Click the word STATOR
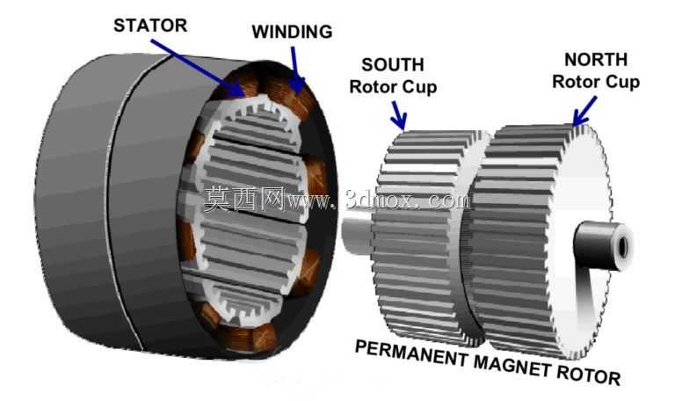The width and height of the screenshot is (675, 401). (x=150, y=26)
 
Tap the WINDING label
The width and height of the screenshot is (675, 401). (x=293, y=32)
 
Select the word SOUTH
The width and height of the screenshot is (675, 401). (x=393, y=65)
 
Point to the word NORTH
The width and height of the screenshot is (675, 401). (x=596, y=60)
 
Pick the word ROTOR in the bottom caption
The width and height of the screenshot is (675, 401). (x=588, y=375)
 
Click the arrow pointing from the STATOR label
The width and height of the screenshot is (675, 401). (x=198, y=68)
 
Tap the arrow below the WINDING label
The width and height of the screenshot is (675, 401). (x=296, y=69)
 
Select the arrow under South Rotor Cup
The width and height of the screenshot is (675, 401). (x=399, y=115)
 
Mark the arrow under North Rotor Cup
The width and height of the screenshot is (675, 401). (x=584, y=110)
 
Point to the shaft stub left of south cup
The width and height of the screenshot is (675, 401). (x=357, y=236)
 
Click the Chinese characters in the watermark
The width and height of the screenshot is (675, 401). (x=244, y=199)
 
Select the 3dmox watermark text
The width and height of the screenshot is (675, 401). (x=379, y=200)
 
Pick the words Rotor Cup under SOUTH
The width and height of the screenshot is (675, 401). (x=393, y=87)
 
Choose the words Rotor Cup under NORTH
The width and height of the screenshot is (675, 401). (x=596, y=82)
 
